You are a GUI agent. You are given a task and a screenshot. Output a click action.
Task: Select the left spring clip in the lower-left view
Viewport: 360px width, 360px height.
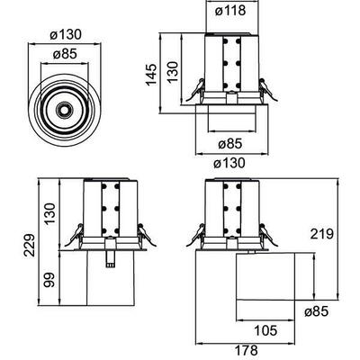tap(71, 235)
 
